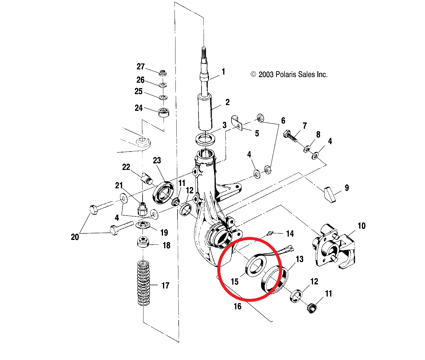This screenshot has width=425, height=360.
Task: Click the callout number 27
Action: pyautogui.click(x=140, y=67)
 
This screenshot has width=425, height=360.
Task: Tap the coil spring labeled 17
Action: pyautogui.click(x=144, y=283)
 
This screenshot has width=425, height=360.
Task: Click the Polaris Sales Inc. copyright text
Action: pyautogui.click(x=289, y=74)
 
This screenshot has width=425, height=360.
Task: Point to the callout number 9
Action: pyautogui.click(x=347, y=188)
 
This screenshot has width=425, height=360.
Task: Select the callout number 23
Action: pyautogui.click(x=157, y=160)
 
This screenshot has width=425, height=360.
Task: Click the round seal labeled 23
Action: pyautogui.click(x=163, y=192)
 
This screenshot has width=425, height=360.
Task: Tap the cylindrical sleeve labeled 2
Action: pyautogui.click(x=205, y=112)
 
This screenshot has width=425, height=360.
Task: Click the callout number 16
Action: pyautogui.click(x=237, y=306)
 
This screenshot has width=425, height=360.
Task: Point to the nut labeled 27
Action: pyautogui.click(x=162, y=72)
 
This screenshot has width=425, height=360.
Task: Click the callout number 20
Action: pyautogui.click(x=75, y=237)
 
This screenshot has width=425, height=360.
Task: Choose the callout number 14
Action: pyautogui.click(x=290, y=234)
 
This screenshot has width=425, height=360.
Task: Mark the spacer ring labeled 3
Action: pyautogui.click(x=205, y=139)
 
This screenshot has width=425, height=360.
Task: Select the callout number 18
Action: pyautogui.click(x=166, y=245)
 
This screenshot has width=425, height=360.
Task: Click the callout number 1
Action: pyautogui.click(x=223, y=71)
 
